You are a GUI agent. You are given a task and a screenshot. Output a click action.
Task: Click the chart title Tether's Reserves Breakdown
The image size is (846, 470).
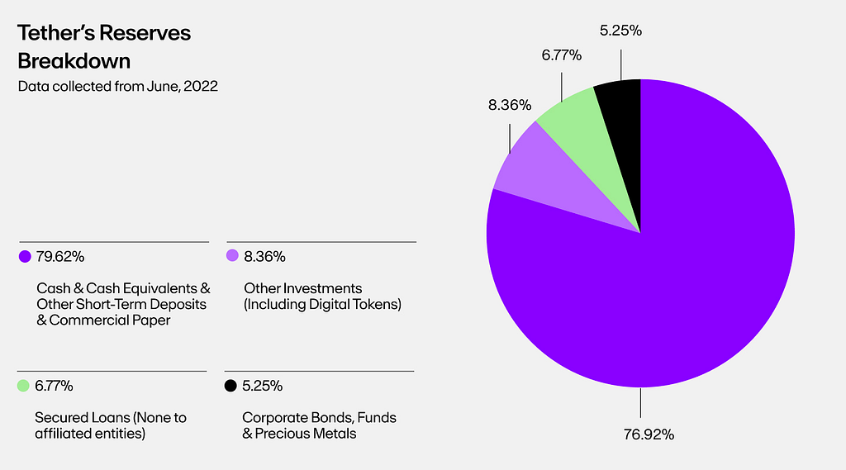pyautogui.click(x=104, y=47)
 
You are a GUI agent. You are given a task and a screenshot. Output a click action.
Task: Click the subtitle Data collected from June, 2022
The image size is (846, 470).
pyautogui.click(x=118, y=86)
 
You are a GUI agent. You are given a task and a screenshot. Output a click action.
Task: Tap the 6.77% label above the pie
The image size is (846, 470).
pyautogui.click(x=561, y=55)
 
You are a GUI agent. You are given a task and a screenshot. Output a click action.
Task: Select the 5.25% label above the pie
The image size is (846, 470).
pyautogui.click(x=620, y=31)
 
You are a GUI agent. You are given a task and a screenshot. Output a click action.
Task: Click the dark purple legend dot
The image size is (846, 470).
pyautogui.click(x=25, y=257)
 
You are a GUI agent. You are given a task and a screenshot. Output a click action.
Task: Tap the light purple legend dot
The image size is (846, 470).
pyautogui.click(x=232, y=257)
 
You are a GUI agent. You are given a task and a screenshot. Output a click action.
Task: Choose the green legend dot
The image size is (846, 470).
pyautogui.click(x=23, y=386)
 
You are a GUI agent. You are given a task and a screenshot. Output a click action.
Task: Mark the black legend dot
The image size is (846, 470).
pyautogui.click(x=231, y=386)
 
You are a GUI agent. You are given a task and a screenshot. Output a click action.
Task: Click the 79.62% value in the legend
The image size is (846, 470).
pyautogui.click(x=60, y=257)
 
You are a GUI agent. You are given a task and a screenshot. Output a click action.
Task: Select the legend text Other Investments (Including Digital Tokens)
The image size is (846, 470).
pyautogui.click(x=322, y=297)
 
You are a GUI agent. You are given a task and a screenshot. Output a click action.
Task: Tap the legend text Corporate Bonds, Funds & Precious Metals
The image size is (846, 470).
pyautogui.click(x=319, y=425)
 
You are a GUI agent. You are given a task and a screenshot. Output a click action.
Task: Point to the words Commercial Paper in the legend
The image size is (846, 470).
pyautogui.click(x=109, y=320)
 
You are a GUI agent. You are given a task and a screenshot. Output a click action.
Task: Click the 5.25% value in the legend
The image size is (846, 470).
pyautogui.click(x=264, y=386)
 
